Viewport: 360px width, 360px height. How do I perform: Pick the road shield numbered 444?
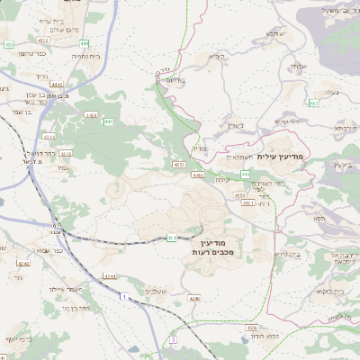(x=84, y=41)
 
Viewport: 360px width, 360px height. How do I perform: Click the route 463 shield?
(x=313, y=103)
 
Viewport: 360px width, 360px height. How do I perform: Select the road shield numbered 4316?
(x=66, y=154)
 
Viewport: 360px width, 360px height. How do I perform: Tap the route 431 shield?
(x=171, y=238)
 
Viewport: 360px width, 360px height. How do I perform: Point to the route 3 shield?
(x=173, y=340)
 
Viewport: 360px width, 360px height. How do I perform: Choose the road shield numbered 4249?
(x=23, y=264)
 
